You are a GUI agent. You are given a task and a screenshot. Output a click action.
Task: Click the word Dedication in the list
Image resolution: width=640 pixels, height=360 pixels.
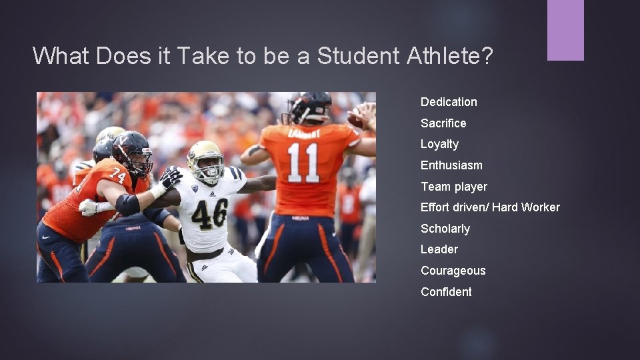click(x=449, y=102)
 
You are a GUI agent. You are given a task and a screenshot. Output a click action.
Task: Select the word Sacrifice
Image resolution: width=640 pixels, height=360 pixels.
click(x=443, y=123)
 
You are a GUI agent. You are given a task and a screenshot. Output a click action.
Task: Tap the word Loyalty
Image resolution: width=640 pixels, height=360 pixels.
click(x=439, y=144)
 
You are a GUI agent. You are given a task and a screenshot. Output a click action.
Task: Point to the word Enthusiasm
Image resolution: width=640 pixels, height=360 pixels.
click(x=451, y=165)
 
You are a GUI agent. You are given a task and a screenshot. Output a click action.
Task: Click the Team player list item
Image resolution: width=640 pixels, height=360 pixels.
click(x=453, y=187)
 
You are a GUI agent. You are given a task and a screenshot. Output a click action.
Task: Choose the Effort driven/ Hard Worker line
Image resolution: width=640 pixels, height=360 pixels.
click(x=490, y=207)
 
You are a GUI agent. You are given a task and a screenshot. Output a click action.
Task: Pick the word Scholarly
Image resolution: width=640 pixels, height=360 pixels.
click(x=445, y=229)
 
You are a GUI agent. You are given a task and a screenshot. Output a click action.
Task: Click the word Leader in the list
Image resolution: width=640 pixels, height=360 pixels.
click(x=439, y=249)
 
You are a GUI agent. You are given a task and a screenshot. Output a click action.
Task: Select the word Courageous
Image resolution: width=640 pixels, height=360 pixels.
click(x=453, y=271)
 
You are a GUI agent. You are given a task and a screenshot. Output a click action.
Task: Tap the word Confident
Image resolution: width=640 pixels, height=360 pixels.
click(x=446, y=292)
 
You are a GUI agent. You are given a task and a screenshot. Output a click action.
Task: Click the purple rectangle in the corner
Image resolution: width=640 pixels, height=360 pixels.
click(x=565, y=30)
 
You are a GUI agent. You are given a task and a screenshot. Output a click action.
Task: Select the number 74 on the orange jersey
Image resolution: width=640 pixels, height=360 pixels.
click(x=117, y=175)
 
